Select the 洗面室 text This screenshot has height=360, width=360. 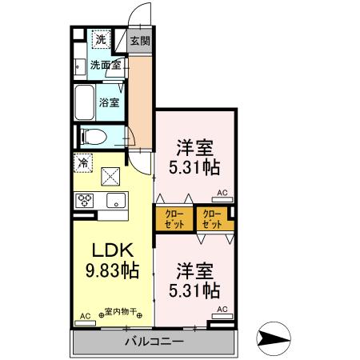(105, 65)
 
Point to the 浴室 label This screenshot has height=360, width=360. (110, 102)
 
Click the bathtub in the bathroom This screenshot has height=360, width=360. (86, 101)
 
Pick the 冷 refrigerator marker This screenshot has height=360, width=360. (83, 162)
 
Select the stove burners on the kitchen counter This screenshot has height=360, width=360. (85, 201)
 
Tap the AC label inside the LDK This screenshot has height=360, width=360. (85, 315)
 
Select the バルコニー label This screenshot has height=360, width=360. (154, 341)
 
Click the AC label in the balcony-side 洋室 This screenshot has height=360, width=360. (222, 309)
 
